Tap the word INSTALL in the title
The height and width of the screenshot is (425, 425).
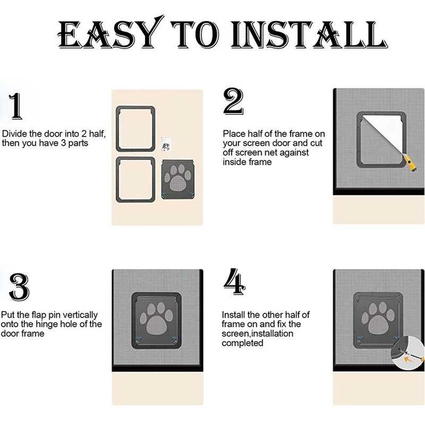(x=309, y=35)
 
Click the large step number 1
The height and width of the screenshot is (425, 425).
(x=16, y=106)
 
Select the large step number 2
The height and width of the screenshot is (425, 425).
(x=233, y=101)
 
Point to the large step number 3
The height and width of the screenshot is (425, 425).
(x=19, y=287)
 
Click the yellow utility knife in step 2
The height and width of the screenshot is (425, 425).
(x=410, y=165)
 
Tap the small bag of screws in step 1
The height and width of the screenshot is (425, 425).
(x=166, y=143)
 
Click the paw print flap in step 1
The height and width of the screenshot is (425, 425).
(x=178, y=180)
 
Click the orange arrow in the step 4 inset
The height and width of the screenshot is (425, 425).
(x=408, y=360)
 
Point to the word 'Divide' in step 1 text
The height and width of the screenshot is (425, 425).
(x=15, y=134)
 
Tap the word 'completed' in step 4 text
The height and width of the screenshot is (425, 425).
(x=242, y=343)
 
